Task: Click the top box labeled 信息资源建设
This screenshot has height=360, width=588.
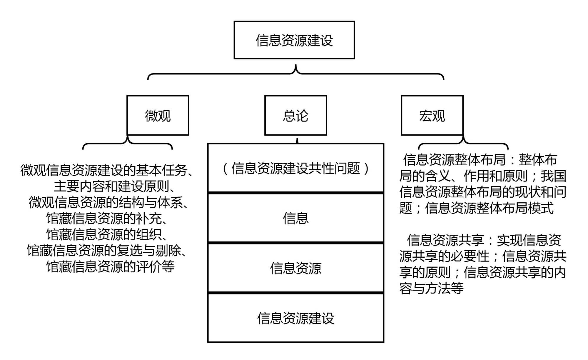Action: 294,40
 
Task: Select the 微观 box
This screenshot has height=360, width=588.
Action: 158,115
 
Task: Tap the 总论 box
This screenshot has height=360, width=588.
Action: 295,115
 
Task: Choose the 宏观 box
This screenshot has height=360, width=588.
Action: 432,115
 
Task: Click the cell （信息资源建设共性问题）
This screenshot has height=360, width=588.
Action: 295,168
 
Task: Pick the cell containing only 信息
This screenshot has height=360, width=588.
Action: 295,218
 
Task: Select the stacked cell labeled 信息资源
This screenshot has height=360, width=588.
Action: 295,268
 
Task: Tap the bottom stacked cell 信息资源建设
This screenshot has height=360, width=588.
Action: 295,318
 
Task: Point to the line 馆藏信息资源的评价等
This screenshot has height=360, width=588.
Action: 110,267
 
